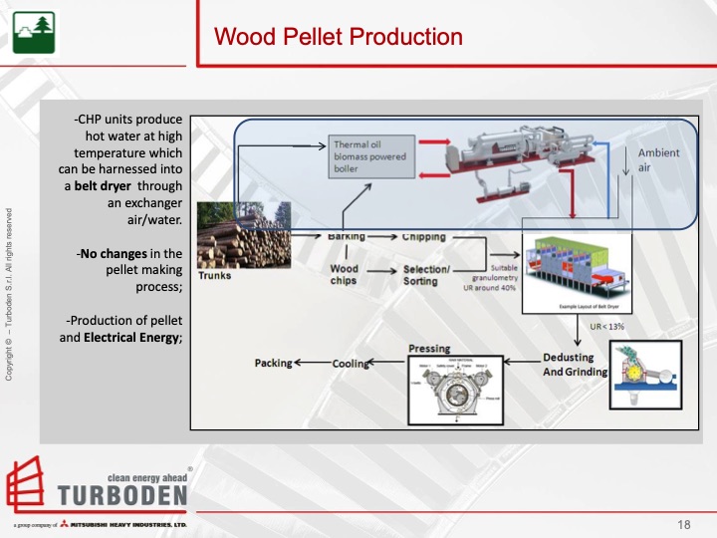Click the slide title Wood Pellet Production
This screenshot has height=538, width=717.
point(339,38)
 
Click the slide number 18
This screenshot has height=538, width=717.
point(683,525)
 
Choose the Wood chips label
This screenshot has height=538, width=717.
point(344,275)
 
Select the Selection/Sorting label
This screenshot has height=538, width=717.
point(426,275)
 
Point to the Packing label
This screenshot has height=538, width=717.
point(274,363)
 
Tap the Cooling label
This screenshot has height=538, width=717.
point(351,364)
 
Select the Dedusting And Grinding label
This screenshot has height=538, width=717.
point(568,364)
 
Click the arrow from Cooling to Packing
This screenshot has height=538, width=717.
point(312,363)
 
